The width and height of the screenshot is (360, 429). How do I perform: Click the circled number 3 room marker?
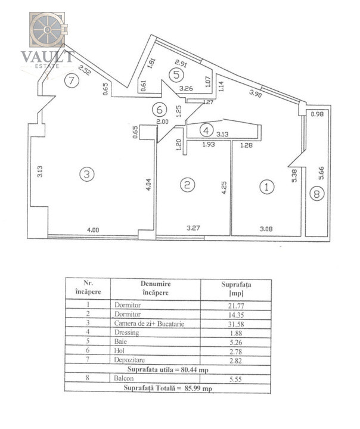[x=87, y=174]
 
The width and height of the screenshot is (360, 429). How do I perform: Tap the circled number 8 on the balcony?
[x=316, y=193]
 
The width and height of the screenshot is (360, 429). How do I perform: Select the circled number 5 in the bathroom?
[x=176, y=74]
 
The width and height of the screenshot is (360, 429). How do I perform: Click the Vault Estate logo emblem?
[x=48, y=29]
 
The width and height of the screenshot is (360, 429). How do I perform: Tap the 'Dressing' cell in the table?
[x=126, y=333]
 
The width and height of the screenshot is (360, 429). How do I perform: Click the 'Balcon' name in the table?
[x=123, y=378]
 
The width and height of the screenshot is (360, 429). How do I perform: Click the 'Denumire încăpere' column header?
[x=157, y=288]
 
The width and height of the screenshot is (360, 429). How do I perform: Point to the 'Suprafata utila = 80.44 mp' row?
[x=168, y=369]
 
